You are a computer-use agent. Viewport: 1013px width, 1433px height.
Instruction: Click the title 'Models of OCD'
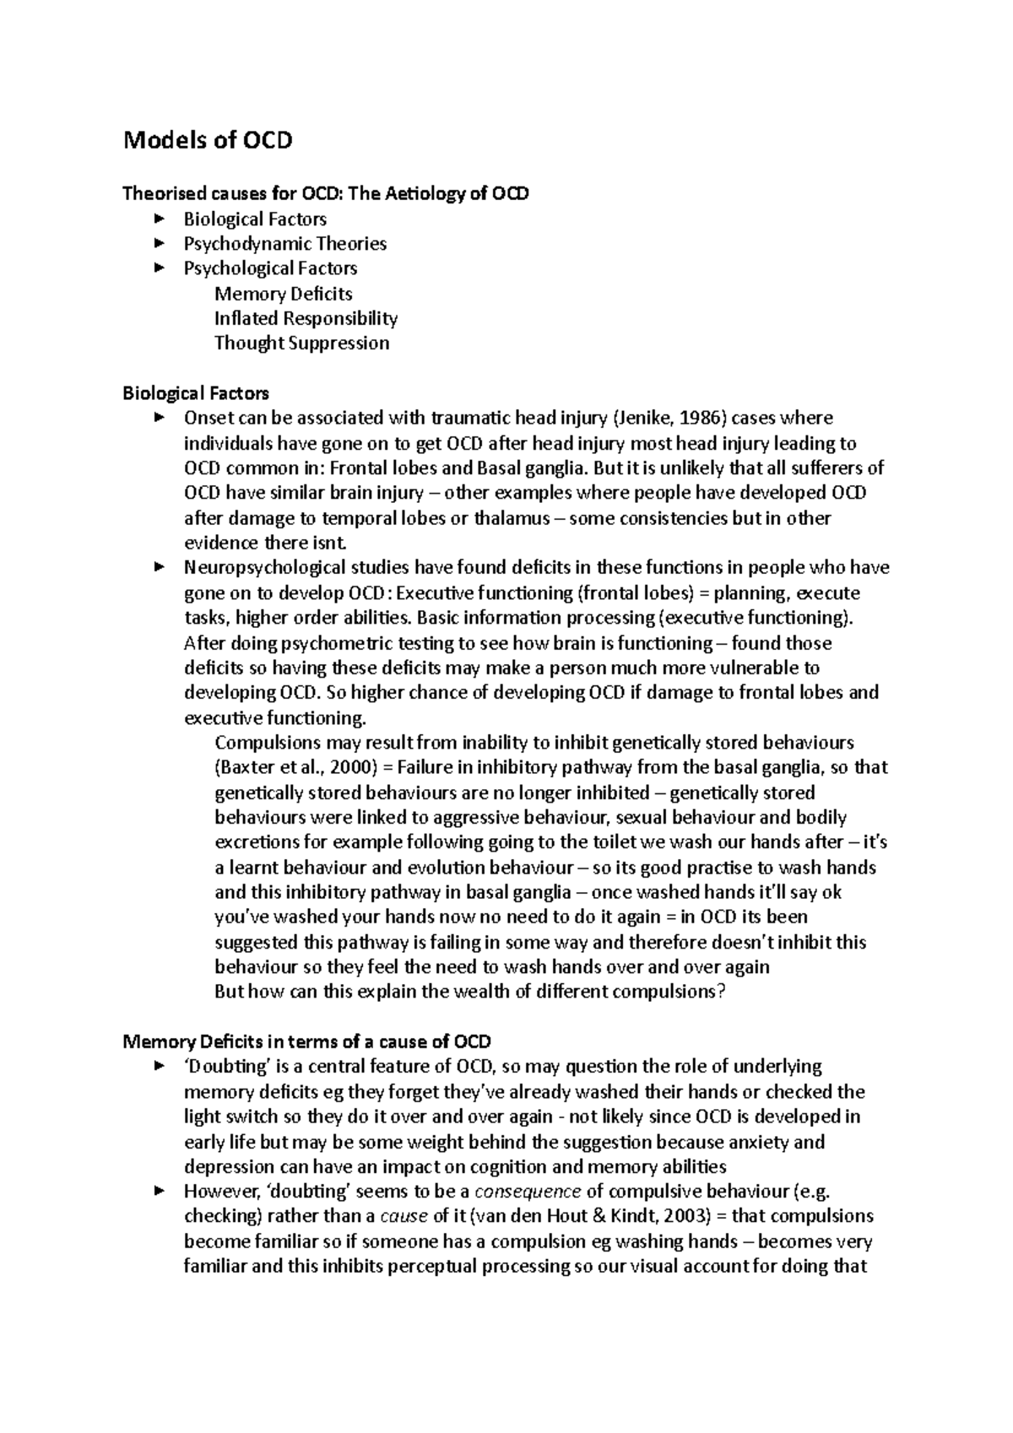click(x=208, y=140)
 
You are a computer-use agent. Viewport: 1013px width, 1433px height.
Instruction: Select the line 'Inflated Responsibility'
click(x=306, y=319)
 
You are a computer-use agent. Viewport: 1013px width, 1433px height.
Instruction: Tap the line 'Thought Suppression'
click(x=301, y=343)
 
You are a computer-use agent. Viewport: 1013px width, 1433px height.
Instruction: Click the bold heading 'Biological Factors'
click(x=196, y=393)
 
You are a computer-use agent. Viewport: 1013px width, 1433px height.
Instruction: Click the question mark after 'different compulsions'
click(x=721, y=992)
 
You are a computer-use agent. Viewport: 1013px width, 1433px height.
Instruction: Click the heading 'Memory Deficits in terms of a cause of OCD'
click(x=307, y=1042)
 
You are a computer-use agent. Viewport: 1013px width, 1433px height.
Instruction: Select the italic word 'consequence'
click(x=528, y=1192)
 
